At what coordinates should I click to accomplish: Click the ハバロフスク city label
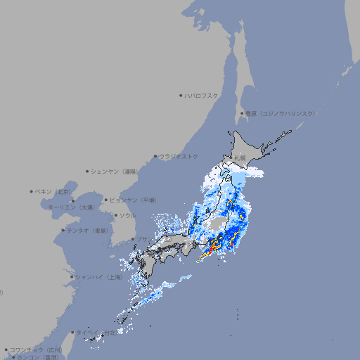pyautogui.click(x=202, y=95)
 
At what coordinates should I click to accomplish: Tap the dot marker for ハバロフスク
pyautogui.click(x=181, y=95)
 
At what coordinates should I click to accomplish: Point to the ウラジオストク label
pyautogui.click(x=179, y=156)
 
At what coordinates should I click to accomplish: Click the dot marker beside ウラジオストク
pyautogui.click(x=155, y=157)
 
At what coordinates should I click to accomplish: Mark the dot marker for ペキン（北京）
pyautogui.click(x=32, y=191)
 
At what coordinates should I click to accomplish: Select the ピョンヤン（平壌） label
pyautogui.click(x=132, y=200)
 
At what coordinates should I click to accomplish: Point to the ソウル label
pyautogui.click(x=127, y=215)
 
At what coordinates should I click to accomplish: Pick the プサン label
pyautogui.click(x=143, y=240)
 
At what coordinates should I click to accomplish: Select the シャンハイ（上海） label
pyautogui.click(x=99, y=277)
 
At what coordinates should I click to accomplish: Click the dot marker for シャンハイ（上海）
pyautogui.click(x=72, y=277)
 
